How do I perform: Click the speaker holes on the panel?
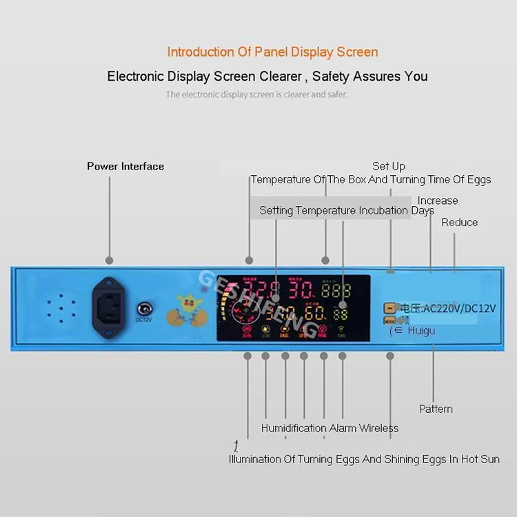(x=60, y=310)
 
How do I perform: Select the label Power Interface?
(x=125, y=166)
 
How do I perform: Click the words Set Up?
(x=389, y=166)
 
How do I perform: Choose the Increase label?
(x=438, y=201)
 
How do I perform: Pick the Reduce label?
(x=460, y=222)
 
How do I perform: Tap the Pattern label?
(x=436, y=409)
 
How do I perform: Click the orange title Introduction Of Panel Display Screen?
(x=272, y=52)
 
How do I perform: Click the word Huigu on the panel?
(x=421, y=331)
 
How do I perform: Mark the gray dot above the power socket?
(x=109, y=260)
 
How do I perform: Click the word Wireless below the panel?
(x=378, y=428)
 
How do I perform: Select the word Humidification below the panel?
(x=294, y=428)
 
